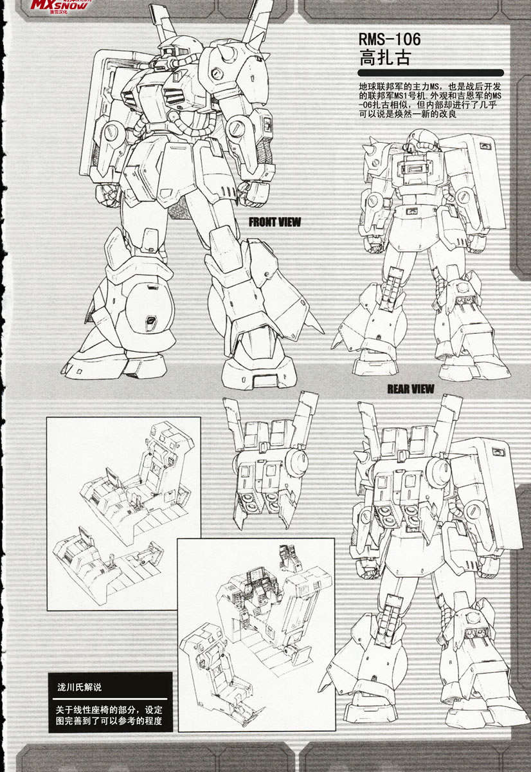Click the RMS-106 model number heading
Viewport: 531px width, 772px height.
tap(390, 39)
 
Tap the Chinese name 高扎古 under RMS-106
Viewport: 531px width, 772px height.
tap(385, 57)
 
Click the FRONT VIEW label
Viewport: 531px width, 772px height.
tap(274, 223)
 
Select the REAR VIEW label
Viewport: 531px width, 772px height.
tap(411, 389)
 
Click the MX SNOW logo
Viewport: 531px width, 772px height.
tap(59, 5)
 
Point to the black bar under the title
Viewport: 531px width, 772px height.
tap(431, 73)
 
